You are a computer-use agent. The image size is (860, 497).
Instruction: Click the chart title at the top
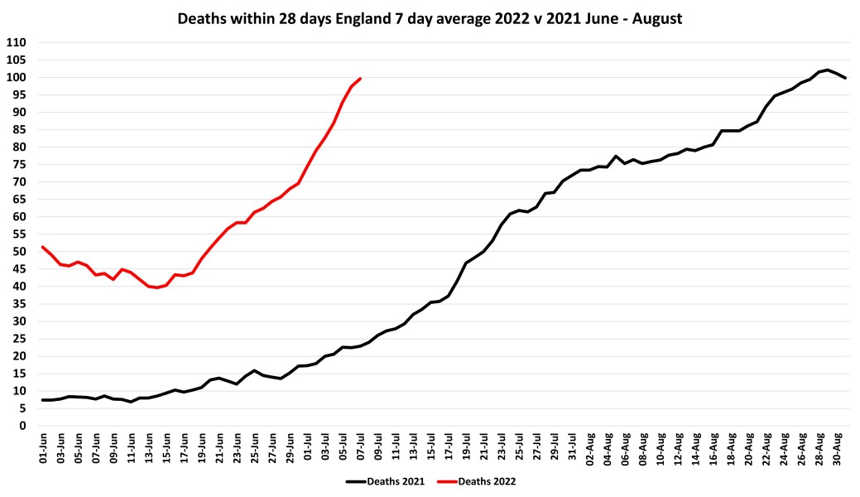pos(430,19)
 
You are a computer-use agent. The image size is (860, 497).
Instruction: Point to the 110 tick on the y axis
pos(17,42)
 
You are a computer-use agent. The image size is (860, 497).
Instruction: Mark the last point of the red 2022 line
pos(360,79)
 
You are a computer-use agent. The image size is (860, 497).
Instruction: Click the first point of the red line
pos(42,247)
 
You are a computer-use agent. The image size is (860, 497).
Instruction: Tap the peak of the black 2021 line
pos(827,70)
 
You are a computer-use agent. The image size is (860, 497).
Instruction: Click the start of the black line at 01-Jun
pos(42,400)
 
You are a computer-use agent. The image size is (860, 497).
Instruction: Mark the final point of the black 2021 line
pos(844,78)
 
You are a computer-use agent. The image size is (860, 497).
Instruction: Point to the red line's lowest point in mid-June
pos(156,287)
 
